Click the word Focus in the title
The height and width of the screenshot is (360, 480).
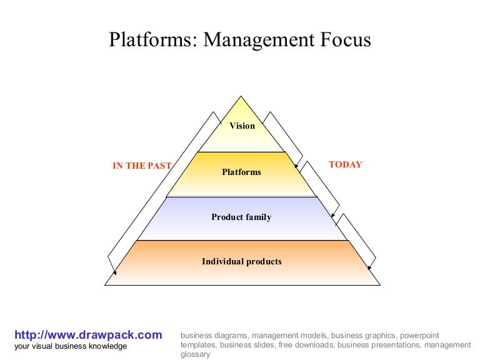(x=342, y=40)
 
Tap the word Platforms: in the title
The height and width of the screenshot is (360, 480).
(x=154, y=40)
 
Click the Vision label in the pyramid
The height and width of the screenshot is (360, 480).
(x=242, y=126)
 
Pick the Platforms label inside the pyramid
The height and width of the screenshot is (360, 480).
(x=241, y=172)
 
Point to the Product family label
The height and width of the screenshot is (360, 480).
(x=241, y=217)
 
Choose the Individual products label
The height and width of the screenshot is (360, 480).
(x=241, y=262)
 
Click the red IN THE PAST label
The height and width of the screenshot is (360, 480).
(x=141, y=166)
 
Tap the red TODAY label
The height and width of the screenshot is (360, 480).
(x=345, y=165)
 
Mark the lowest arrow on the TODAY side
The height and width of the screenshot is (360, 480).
(x=358, y=240)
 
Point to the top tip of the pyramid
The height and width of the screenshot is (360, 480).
(x=242, y=97)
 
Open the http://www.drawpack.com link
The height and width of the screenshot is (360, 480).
(x=88, y=335)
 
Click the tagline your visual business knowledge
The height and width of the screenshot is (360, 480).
(x=70, y=346)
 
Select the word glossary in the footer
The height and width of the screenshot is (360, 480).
(x=195, y=354)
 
